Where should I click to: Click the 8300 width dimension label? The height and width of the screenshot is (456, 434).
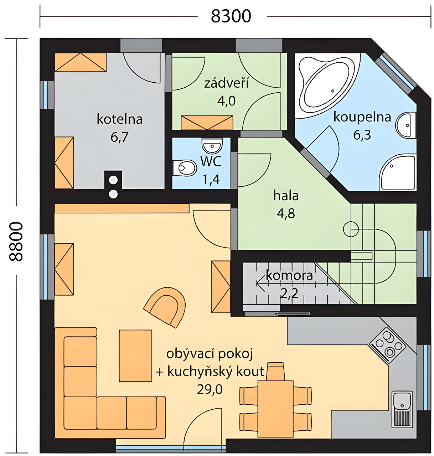tap(231, 16)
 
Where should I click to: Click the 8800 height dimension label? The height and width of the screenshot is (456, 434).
tap(16, 242)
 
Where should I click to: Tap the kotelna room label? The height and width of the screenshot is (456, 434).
tap(119, 119)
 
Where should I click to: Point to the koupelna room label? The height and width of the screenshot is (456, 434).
tap(362, 117)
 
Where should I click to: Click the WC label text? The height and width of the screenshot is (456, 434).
tap(211, 162)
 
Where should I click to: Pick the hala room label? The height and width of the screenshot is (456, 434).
tap(286, 196)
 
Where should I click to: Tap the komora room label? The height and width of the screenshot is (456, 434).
tap(289, 276)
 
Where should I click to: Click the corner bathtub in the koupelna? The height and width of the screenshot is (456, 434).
tap(327, 83)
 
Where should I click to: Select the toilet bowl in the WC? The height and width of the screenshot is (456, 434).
tap(185, 167)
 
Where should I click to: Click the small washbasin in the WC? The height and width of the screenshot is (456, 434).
tap(212, 145)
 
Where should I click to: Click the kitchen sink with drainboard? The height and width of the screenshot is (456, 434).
tap(402, 409)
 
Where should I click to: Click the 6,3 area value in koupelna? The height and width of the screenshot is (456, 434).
tap(362, 135)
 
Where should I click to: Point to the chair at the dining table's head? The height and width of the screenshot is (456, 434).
tap(275, 371)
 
